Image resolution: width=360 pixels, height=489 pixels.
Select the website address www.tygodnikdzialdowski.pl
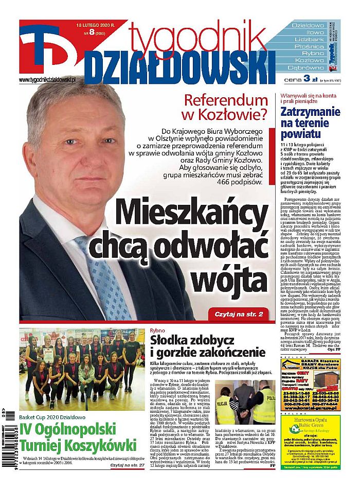pyautogui.click(x=47, y=80)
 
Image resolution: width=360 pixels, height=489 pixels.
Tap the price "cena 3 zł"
pyautogui.click(x=300, y=79)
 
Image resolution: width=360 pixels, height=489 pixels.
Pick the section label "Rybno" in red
pyautogui.click(x=158, y=330)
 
